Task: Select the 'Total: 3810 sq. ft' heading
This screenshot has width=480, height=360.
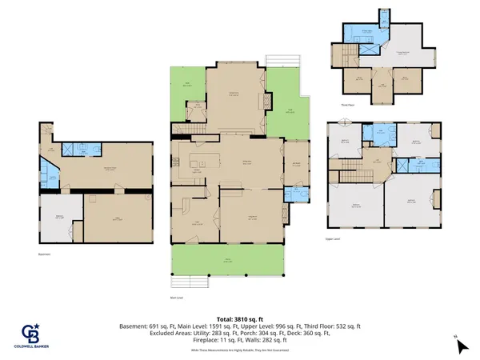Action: tap(241, 318)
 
